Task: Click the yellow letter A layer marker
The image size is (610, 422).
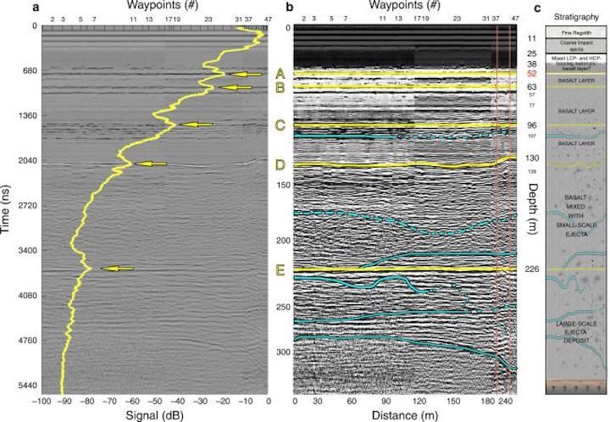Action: click(x=279, y=74)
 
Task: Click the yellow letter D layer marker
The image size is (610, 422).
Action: click(x=279, y=163)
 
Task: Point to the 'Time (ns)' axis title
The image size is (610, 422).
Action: click(x=7, y=207)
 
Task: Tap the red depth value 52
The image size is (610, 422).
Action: click(x=532, y=74)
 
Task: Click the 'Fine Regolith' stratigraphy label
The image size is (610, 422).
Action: click(x=578, y=33)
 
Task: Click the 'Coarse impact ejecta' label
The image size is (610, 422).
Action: click(x=578, y=47)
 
